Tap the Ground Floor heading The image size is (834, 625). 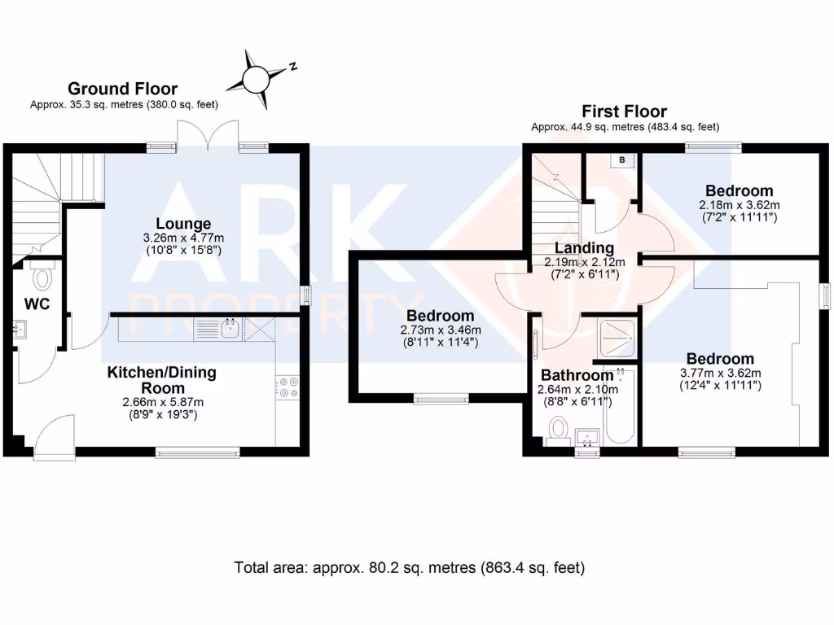click(x=122, y=89)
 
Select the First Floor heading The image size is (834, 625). click(x=624, y=111)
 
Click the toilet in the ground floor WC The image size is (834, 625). click(x=42, y=277)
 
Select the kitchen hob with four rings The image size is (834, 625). click(x=288, y=387)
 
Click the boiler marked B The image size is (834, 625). click(x=622, y=160)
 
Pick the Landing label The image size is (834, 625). click(x=584, y=247)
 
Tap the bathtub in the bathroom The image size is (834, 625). click(x=621, y=406)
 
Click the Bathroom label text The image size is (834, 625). click(x=577, y=375)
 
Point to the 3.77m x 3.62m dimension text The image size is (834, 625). click(x=720, y=374)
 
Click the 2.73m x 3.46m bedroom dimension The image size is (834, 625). click(x=441, y=330)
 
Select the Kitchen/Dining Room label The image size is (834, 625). click(x=162, y=380)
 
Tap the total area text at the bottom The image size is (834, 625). click(x=409, y=567)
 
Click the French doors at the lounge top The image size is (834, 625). click(x=209, y=139)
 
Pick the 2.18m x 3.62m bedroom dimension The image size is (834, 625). click(x=739, y=205)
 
